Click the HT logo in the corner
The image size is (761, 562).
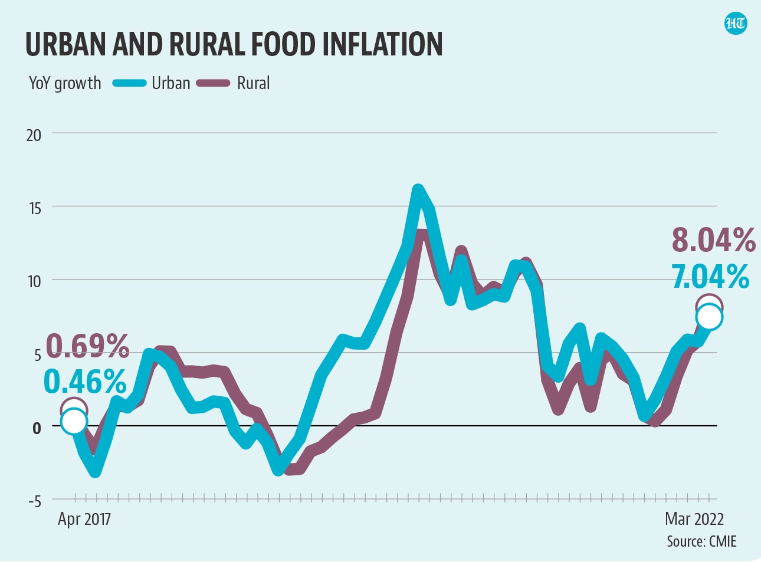[736, 24]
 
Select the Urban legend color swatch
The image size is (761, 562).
[129, 83]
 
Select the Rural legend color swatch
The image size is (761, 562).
[213, 83]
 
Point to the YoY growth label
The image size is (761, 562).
[65, 83]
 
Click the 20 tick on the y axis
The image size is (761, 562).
[34, 135]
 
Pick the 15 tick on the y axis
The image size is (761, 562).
[34, 208]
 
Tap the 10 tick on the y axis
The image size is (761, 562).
[34, 281]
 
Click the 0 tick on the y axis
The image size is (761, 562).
[37, 428]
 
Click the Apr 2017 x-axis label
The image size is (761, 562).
[84, 519]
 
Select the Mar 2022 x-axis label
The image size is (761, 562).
[694, 519]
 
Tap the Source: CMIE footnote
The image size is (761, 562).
[701, 541]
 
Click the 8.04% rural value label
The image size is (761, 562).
[713, 240]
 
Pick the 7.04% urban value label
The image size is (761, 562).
[710, 276]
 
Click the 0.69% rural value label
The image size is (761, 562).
[87, 346]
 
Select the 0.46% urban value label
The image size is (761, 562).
[85, 382]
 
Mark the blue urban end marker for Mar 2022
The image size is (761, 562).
[709, 317]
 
